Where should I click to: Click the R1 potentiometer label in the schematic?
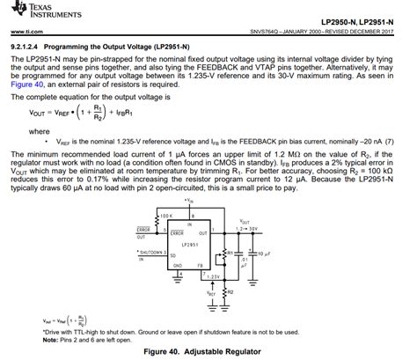(x=230, y=253)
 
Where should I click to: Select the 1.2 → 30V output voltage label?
(x=251, y=228)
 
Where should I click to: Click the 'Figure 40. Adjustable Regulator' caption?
(x=208, y=349)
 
